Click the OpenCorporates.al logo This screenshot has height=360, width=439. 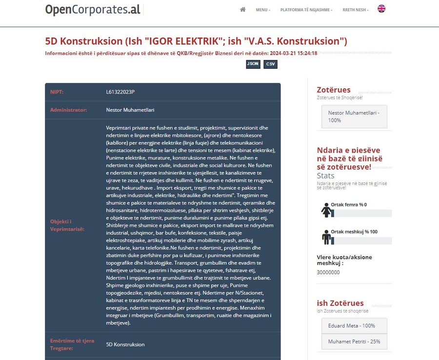pyautogui.click(x=93, y=10)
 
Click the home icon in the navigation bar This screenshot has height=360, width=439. pyautogui.click(x=243, y=10)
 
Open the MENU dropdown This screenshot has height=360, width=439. pyautogui.click(x=262, y=10)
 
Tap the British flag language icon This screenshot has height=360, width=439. pyautogui.click(x=381, y=9)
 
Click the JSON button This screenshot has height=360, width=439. pyautogui.click(x=253, y=64)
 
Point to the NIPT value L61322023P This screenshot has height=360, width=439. pyautogui.click(x=120, y=92)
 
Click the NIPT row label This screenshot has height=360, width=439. pyautogui.click(x=57, y=92)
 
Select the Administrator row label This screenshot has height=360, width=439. pyautogui.click(x=68, y=110)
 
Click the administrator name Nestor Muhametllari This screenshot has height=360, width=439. pyautogui.click(x=130, y=110)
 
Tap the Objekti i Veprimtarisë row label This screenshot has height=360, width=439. pyautogui.click(x=67, y=225)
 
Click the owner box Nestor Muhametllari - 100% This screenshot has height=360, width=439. pyautogui.click(x=354, y=117)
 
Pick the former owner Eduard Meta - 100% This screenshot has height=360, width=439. pyautogui.click(x=354, y=325)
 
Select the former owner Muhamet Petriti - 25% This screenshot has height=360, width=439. pyautogui.click(x=354, y=341)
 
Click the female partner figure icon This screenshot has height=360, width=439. pyautogui.click(x=326, y=210)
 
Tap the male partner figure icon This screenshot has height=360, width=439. pyautogui.click(x=326, y=237)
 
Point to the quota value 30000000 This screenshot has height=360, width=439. pyautogui.click(x=328, y=272)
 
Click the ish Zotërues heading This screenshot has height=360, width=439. pyautogui.click(x=340, y=303)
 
